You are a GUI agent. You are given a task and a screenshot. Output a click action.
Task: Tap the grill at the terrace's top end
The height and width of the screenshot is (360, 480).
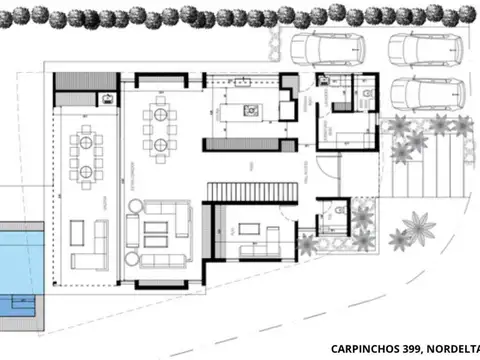coord(103,98)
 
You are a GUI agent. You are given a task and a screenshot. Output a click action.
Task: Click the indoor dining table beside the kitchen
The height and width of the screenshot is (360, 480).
coord(160,127)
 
